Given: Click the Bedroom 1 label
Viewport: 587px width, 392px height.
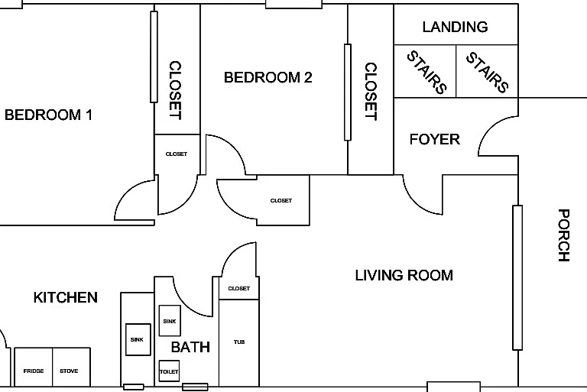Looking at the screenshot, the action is pos(48,115).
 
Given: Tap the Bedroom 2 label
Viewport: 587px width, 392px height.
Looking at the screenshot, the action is pos(268,77).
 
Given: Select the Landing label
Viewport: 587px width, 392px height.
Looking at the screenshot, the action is pos(456,27).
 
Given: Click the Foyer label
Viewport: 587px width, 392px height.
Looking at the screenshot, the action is pos(435,139).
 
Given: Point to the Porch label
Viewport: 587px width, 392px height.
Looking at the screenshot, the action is pos(564,235).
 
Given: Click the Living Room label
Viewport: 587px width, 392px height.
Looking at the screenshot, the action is pos(404,276).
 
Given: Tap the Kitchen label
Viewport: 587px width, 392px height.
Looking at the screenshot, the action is pos(66,298).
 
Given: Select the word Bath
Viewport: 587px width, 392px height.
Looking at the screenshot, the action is pos(190,347).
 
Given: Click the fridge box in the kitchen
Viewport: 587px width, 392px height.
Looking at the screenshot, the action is pos(34,367).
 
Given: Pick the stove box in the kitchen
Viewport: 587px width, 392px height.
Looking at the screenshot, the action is pos(72,367).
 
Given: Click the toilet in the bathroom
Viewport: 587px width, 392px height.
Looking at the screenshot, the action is pos(169,371).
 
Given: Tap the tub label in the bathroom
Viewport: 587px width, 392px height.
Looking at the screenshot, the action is pos(239,342).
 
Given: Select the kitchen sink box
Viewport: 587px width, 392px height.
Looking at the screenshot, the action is pos(138,339).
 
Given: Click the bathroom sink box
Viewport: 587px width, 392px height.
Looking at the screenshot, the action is pos(170,320).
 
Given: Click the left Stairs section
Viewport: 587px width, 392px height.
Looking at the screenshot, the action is pos(425,71).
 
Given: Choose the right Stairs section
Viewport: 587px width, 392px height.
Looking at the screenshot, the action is pos(487,71).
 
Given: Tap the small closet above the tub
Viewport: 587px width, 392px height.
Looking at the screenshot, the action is pos(238,288).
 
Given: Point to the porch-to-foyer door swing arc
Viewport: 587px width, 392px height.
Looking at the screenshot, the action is pos(485,129).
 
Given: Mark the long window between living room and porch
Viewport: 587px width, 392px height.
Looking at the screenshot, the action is pos(517,277).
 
